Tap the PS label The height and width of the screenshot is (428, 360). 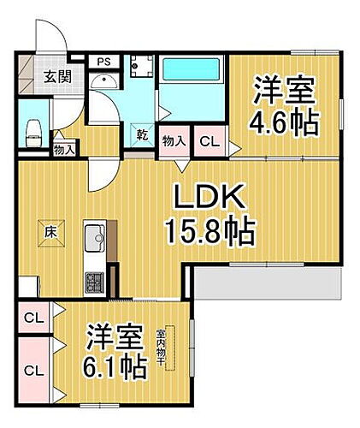pyautogui.click(x=103, y=62)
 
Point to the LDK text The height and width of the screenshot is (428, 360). pyautogui.click(x=212, y=199)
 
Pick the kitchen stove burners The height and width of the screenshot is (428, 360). pyautogui.click(x=92, y=281)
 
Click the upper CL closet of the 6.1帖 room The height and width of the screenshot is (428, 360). pyautogui.click(x=32, y=319)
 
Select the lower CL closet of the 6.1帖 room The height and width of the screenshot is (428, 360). pyautogui.click(x=33, y=371)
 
